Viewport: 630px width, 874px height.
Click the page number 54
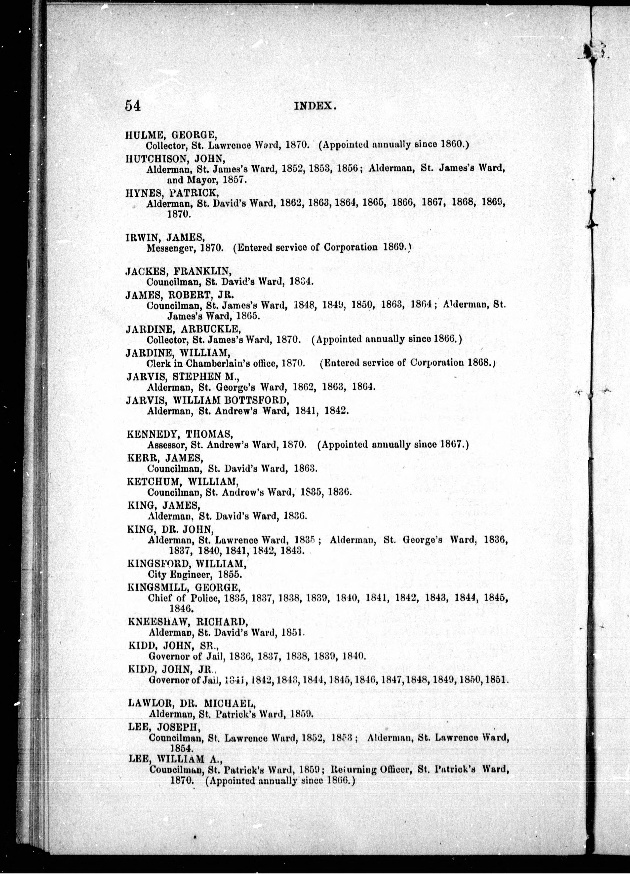(132, 105)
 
